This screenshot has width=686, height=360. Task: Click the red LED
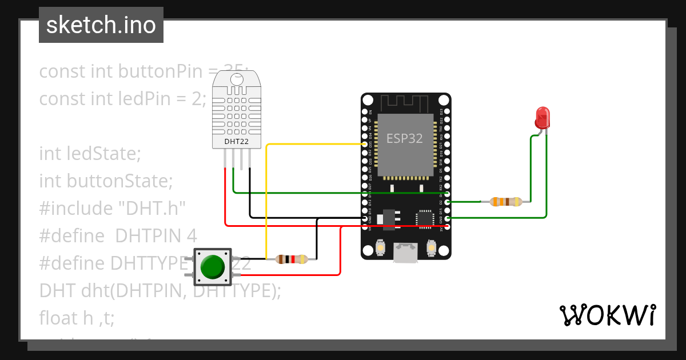(x=542, y=118)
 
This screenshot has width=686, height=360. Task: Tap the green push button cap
(x=213, y=266)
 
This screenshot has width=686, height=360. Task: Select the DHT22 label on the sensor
(x=237, y=141)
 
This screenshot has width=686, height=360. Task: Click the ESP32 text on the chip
(x=405, y=138)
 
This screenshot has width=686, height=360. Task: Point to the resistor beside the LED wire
(x=506, y=202)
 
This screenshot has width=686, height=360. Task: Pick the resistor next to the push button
(x=292, y=259)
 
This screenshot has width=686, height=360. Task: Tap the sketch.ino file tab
(x=101, y=25)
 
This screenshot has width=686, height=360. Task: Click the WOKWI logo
(x=607, y=315)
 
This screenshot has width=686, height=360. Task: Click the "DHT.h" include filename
(x=151, y=208)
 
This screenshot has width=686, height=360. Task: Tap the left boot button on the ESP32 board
(x=380, y=249)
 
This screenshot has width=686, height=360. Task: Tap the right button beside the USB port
(x=432, y=249)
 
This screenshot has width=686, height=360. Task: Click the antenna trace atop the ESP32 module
(x=405, y=103)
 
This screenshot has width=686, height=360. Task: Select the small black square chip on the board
(x=424, y=218)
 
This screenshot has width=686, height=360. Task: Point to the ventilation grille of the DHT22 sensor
(x=237, y=111)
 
